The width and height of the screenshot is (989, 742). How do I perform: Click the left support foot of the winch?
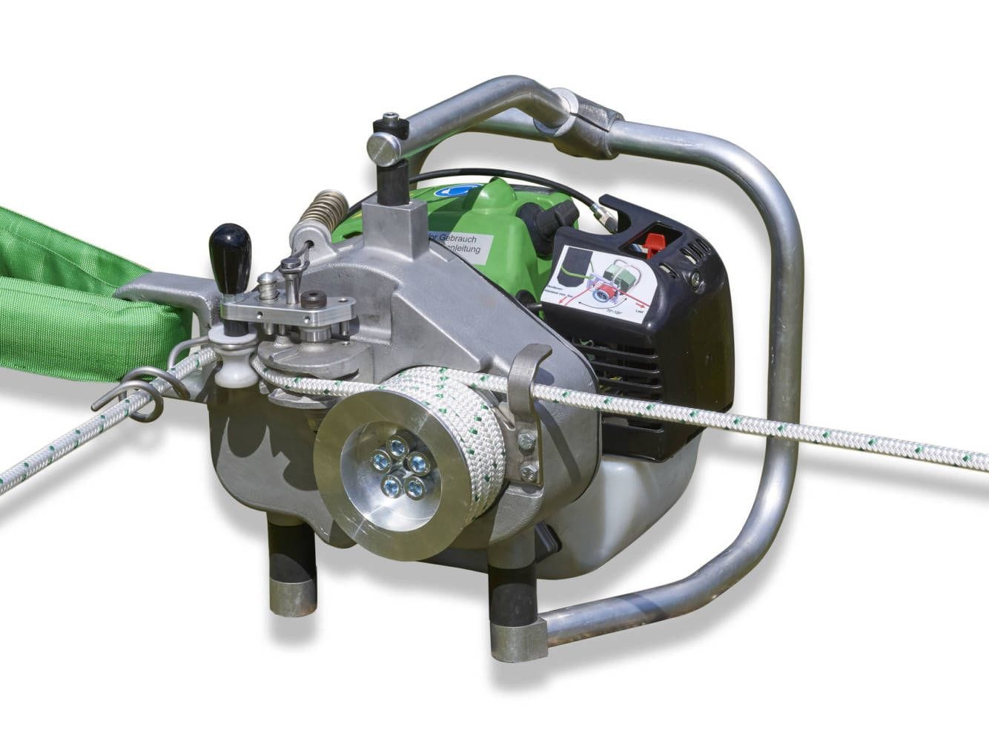pyautogui.click(x=291, y=575)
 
